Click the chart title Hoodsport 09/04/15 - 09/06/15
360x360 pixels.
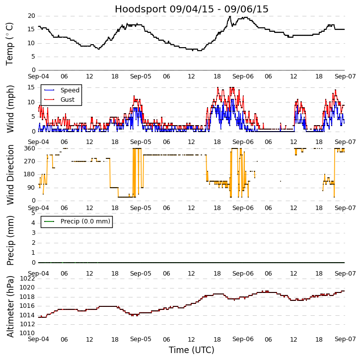click(192, 9)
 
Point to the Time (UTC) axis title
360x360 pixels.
click(192, 350)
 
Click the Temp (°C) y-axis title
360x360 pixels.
click(10, 43)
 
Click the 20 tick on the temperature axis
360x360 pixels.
click(31, 16)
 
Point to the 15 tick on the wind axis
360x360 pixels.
click(31, 87)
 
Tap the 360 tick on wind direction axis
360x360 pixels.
click(29, 148)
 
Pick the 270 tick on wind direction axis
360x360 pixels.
click(29, 161)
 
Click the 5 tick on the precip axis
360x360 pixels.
click(33, 213)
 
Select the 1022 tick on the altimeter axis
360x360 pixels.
click(27, 279)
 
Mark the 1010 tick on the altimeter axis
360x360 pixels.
click(27, 333)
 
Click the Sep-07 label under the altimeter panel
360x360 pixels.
click(345, 339)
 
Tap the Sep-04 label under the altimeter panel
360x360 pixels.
click(38, 339)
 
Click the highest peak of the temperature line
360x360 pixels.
click(230, 16)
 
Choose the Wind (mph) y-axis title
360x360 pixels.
click(10, 108)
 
